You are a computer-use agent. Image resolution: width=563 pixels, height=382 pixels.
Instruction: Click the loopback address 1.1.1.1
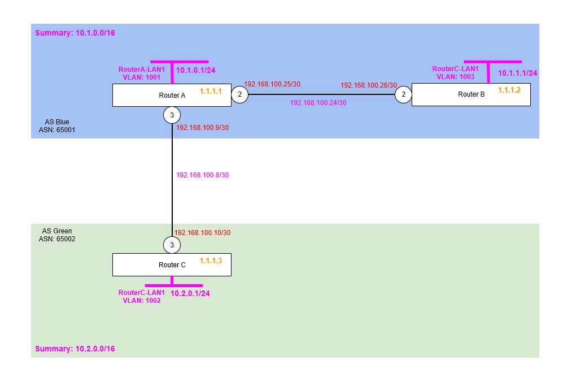(211, 90)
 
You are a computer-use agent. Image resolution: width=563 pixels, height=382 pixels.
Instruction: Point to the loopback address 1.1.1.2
(509, 90)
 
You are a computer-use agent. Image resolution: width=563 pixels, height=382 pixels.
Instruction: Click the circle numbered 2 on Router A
(239, 95)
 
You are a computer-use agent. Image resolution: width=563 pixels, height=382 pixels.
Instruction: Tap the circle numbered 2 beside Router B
(403, 95)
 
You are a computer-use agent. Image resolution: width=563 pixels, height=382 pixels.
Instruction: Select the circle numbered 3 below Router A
(172, 115)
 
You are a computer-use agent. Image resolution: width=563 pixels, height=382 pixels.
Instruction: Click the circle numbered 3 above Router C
(172, 245)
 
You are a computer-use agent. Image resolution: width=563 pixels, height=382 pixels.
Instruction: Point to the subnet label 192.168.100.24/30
(318, 103)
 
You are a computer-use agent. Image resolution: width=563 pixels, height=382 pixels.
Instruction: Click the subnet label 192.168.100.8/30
(202, 175)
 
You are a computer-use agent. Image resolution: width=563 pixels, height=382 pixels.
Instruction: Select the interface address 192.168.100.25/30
(272, 84)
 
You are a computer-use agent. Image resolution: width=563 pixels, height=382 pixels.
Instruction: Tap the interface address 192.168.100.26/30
(369, 85)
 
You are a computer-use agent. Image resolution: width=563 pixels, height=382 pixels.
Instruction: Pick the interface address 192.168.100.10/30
(202, 232)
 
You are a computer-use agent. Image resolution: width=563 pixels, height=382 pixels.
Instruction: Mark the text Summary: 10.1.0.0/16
(75, 33)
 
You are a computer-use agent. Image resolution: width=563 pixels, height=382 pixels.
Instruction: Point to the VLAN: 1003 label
(455, 76)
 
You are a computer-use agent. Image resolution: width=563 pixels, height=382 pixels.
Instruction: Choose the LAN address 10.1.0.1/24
(197, 71)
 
